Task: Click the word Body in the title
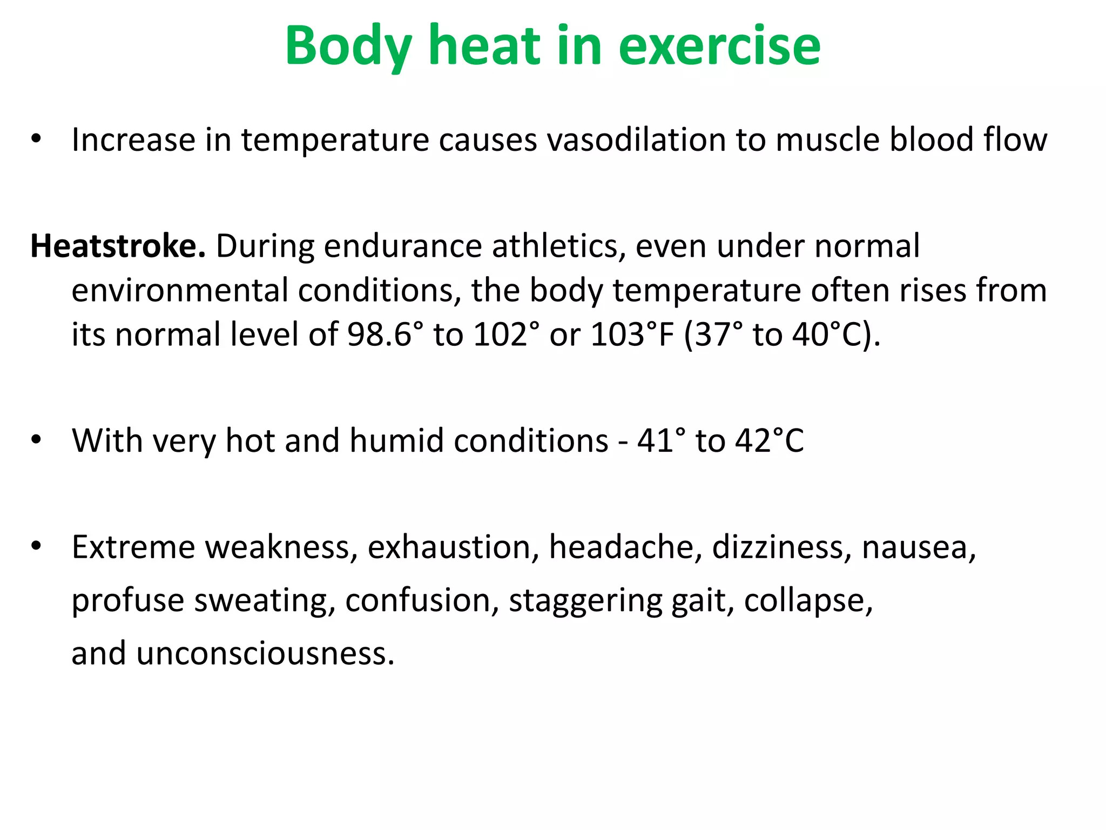[x=349, y=46]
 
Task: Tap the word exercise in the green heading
[x=719, y=46]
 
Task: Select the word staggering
[x=585, y=600]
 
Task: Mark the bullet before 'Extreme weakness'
[x=36, y=546]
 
